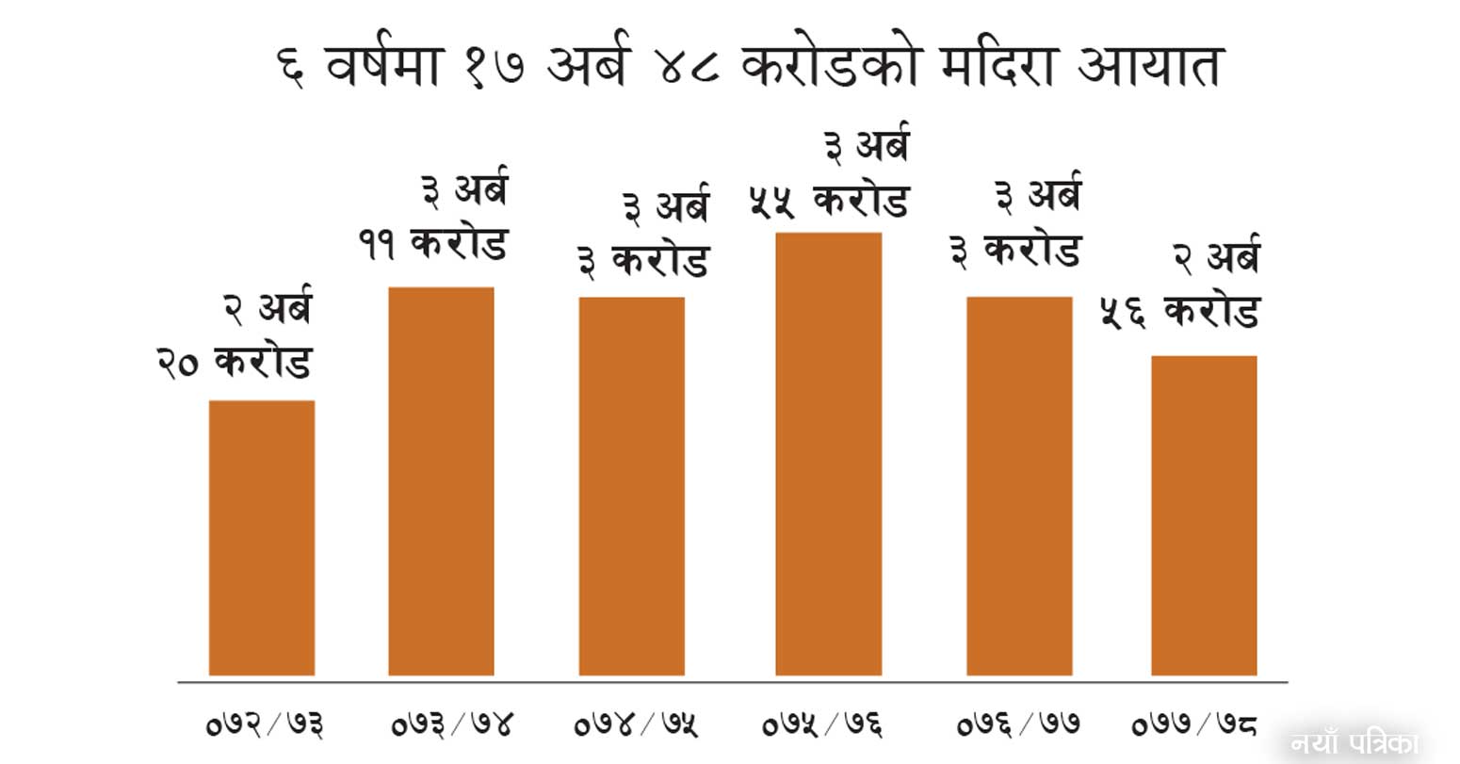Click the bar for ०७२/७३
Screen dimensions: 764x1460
[262, 538]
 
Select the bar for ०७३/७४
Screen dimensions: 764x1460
[441, 481]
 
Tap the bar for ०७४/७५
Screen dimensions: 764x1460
[631, 486]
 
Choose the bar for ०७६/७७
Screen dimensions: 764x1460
[1019, 486]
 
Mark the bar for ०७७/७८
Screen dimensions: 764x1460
[1204, 515]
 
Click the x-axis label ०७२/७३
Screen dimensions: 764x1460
[265, 724]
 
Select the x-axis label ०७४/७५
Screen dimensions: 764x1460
[637, 724]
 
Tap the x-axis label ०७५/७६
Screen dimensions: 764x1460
[822, 724]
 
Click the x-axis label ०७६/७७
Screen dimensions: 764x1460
[1017, 724]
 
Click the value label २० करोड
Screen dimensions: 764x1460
[235, 362]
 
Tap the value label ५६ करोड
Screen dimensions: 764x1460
[1179, 312]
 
